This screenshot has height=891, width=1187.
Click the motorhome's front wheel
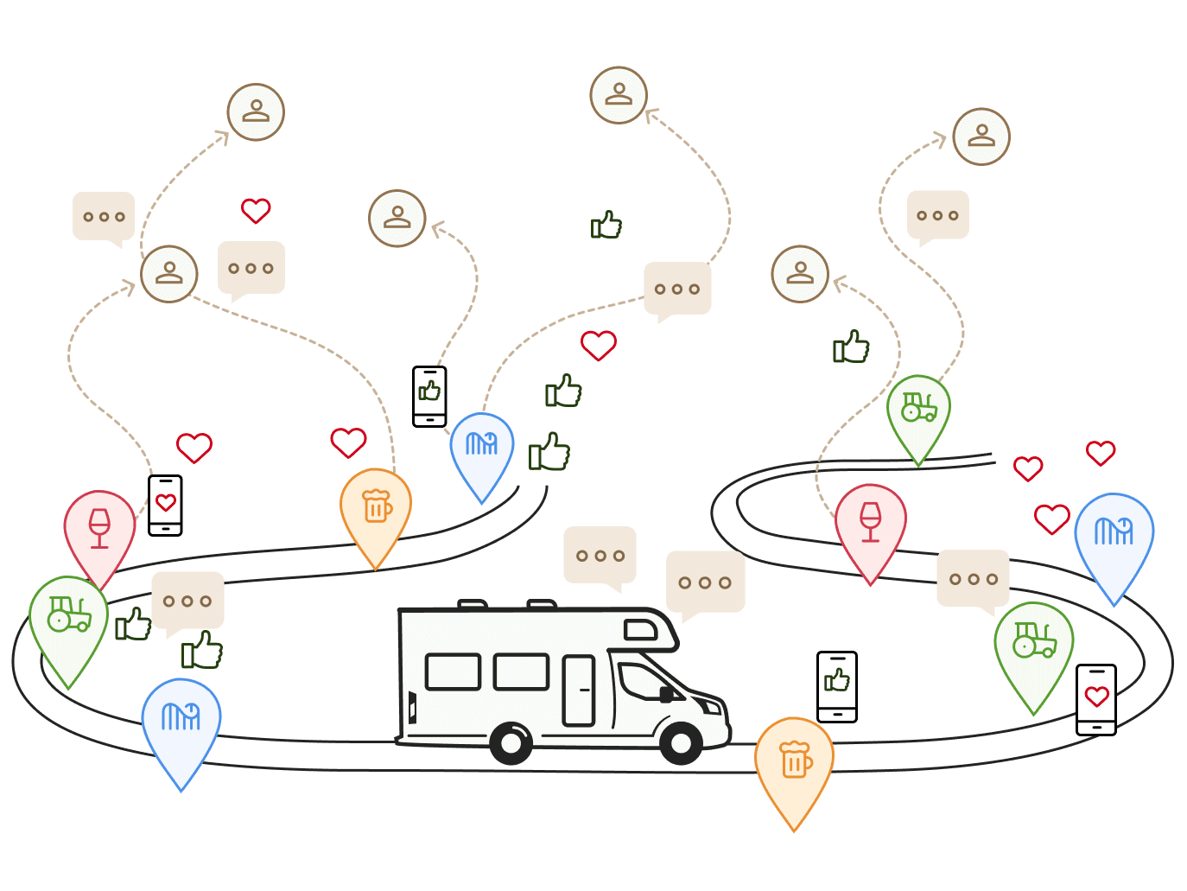tap(681, 741)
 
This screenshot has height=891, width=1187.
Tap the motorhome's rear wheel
tap(511, 741)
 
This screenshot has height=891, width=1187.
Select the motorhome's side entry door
tap(579, 690)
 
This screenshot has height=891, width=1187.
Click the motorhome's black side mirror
tap(666, 694)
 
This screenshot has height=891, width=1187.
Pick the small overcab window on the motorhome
tap(640, 630)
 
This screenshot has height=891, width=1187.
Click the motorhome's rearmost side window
tap(453, 671)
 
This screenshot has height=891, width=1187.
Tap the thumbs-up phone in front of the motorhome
tap(836, 685)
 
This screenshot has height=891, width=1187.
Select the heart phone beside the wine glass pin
tap(165, 505)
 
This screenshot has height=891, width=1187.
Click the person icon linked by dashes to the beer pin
tap(169, 274)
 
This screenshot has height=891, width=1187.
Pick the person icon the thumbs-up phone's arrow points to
tap(397, 218)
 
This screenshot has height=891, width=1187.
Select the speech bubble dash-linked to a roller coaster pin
tap(677, 289)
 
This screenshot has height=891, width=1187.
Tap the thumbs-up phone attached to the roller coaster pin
tap(429, 396)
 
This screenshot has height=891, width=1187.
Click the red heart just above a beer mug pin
tap(348, 442)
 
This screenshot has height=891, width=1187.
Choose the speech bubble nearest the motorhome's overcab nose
tap(704, 582)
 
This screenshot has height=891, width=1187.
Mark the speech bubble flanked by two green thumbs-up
tap(187, 601)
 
